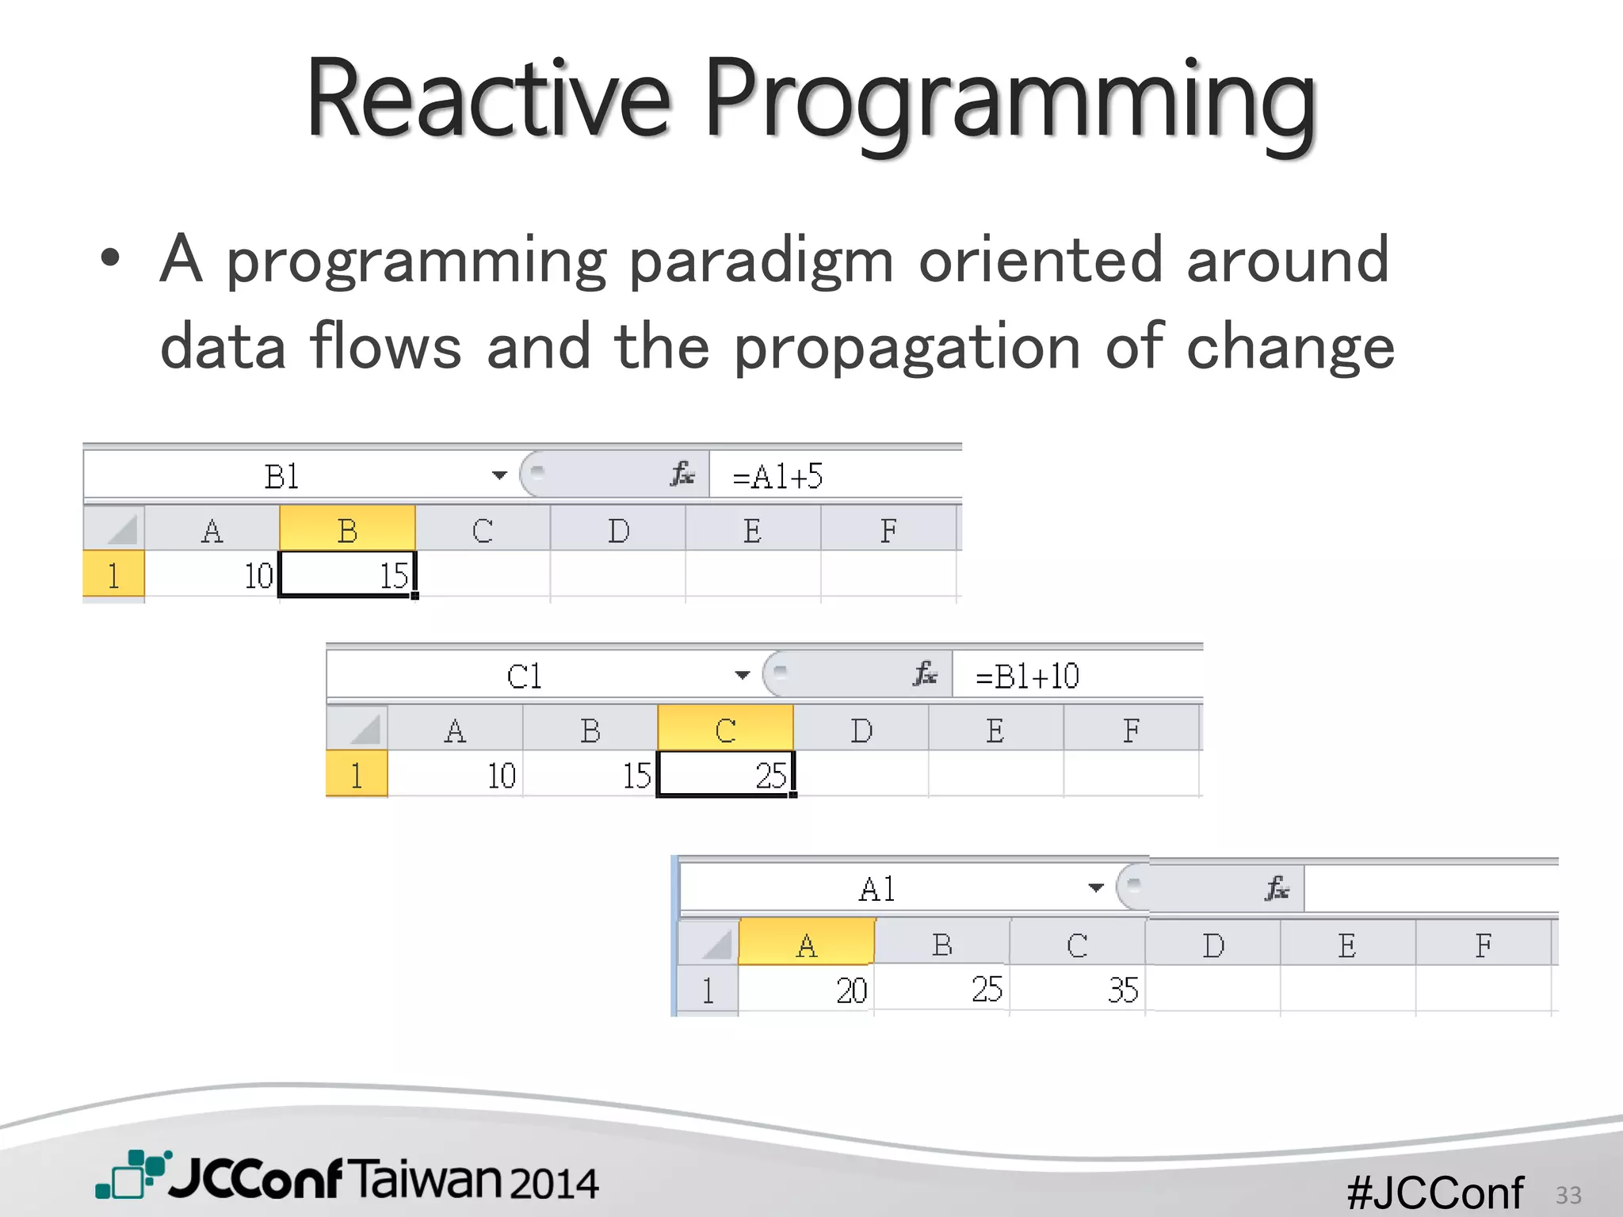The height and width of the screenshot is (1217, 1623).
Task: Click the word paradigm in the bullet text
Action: [x=762, y=261]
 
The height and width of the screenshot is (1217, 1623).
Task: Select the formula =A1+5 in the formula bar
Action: [x=777, y=477]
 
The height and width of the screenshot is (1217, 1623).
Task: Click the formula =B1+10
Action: [x=1027, y=677]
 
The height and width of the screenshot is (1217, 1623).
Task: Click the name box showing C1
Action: [x=524, y=677]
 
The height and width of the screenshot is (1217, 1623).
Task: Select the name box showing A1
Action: [x=877, y=889]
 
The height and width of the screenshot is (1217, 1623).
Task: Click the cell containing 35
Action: [x=1078, y=990]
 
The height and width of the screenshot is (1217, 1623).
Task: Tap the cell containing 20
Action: [x=807, y=990]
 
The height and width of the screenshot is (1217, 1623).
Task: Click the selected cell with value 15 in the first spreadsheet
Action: [x=347, y=574]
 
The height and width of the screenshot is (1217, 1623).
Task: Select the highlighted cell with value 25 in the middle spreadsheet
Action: [x=725, y=774]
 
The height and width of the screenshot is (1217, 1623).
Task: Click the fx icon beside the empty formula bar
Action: [x=1277, y=888]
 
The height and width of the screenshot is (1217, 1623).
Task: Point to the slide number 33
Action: [x=1568, y=1195]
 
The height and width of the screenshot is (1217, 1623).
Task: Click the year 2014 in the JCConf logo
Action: [x=553, y=1183]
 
